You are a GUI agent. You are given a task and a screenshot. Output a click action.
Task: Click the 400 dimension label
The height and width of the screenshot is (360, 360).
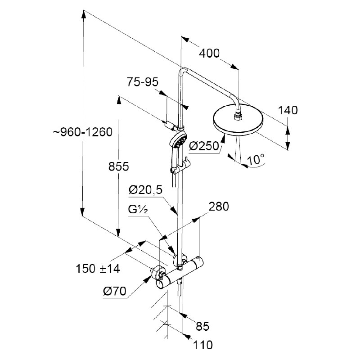209,53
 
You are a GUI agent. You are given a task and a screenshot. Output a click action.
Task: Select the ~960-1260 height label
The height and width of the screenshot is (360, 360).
82,132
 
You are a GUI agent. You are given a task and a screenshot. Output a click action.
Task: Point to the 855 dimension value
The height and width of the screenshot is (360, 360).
119,166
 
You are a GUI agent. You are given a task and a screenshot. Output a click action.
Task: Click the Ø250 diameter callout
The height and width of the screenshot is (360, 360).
204,146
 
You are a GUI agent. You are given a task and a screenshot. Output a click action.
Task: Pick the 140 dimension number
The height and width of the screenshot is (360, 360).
288,110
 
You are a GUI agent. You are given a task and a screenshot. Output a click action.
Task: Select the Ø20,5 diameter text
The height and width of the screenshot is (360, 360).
145,190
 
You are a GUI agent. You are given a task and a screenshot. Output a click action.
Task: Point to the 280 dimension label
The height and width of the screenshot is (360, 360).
219,207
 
